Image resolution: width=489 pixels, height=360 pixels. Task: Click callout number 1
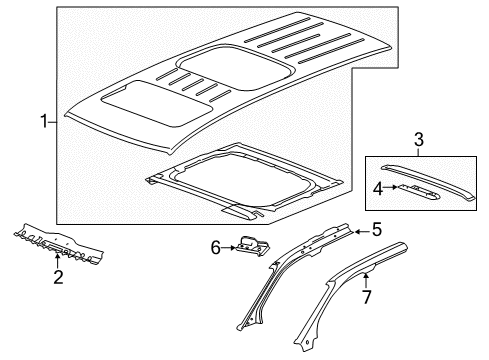click(42, 122)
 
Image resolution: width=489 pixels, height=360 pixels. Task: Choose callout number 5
click(376, 229)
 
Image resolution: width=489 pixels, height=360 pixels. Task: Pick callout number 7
click(366, 297)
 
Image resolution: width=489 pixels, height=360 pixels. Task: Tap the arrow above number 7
click(366, 280)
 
